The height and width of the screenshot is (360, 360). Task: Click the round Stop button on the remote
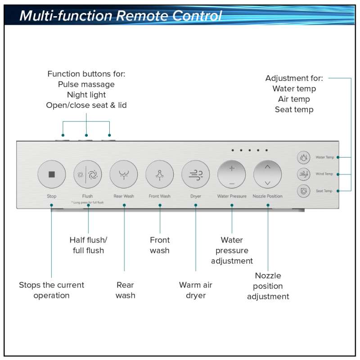(x=52, y=174)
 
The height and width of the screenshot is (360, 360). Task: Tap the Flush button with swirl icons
(x=88, y=174)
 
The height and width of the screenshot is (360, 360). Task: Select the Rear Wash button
(x=124, y=174)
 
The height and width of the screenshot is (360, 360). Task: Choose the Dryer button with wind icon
(x=196, y=174)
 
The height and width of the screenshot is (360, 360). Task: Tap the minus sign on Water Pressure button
(x=232, y=184)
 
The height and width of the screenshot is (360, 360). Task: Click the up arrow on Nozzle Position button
(x=268, y=167)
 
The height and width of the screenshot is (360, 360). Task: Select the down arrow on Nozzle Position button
(x=268, y=183)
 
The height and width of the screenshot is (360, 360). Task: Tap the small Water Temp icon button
(x=304, y=157)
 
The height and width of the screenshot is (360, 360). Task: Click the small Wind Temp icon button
(x=304, y=174)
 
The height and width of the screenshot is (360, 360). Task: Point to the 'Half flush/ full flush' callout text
(x=88, y=245)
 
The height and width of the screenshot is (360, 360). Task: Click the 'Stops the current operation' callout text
(x=51, y=290)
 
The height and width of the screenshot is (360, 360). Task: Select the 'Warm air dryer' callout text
(x=196, y=290)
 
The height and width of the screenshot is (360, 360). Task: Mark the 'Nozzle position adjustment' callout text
(x=268, y=286)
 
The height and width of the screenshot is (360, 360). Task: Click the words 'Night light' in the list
(x=86, y=95)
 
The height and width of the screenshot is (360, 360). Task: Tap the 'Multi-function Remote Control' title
(x=121, y=16)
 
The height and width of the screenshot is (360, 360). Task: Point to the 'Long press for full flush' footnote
(x=88, y=203)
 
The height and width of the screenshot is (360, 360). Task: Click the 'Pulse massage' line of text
(x=86, y=84)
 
